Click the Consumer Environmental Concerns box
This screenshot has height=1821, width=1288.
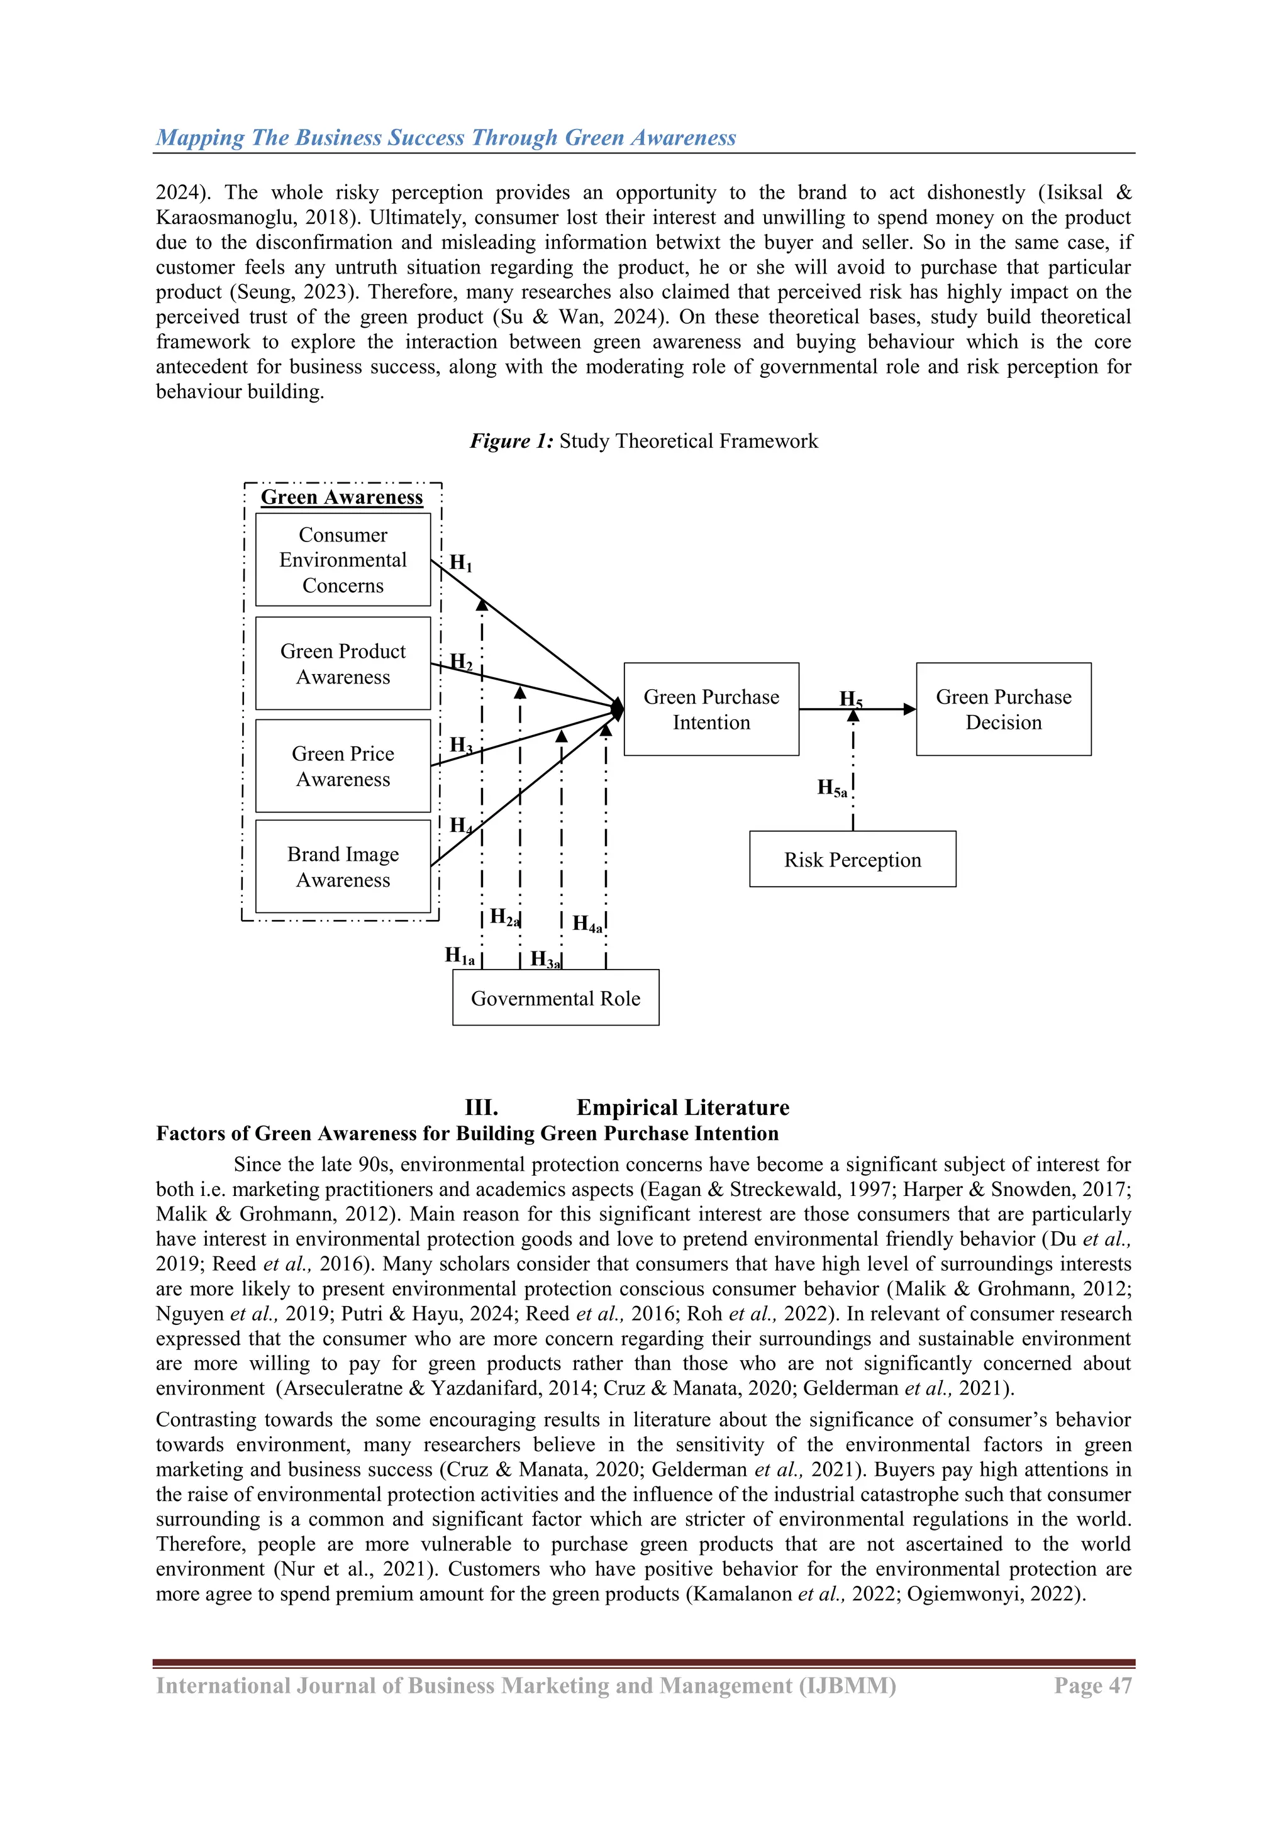pyautogui.click(x=343, y=560)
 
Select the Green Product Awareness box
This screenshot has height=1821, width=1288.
pyautogui.click(x=343, y=664)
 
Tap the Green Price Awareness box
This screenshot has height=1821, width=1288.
pyautogui.click(x=343, y=766)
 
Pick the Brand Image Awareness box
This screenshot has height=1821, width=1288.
pyautogui.click(x=343, y=867)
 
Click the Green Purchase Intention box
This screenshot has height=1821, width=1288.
pyautogui.click(x=711, y=709)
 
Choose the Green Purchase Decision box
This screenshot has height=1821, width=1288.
pyautogui.click(x=1003, y=709)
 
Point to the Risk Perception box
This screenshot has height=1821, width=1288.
pyautogui.click(x=853, y=860)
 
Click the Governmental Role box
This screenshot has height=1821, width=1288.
pyautogui.click(x=555, y=998)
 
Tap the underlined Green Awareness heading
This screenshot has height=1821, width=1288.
pyautogui.click(x=342, y=497)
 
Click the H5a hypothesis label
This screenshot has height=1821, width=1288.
pyautogui.click(x=832, y=789)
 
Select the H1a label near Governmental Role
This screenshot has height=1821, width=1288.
pyautogui.click(x=459, y=956)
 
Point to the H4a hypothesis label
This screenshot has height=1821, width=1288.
pyautogui.click(x=587, y=924)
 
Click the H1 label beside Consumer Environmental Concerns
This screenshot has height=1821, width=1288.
pyautogui.click(x=460, y=563)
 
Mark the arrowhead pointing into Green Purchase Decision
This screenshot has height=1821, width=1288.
pyautogui.click(x=909, y=709)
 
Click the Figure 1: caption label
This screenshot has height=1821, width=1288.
pyautogui.click(x=511, y=441)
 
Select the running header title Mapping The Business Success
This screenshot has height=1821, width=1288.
pyautogui.click(x=446, y=137)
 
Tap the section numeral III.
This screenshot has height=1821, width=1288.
pyautogui.click(x=481, y=1107)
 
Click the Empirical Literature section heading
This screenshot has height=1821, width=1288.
pyautogui.click(x=683, y=1107)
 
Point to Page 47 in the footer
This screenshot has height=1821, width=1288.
pyautogui.click(x=1092, y=1685)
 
